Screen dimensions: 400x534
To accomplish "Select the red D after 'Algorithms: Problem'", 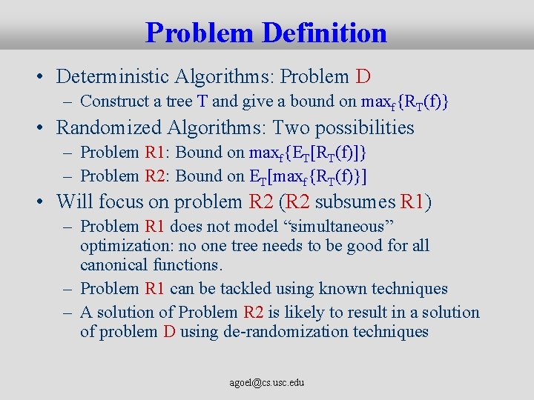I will tap(363, 76).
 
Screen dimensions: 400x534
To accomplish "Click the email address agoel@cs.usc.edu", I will tap(266, 383).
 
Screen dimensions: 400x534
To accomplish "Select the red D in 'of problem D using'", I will tap(169, 331).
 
